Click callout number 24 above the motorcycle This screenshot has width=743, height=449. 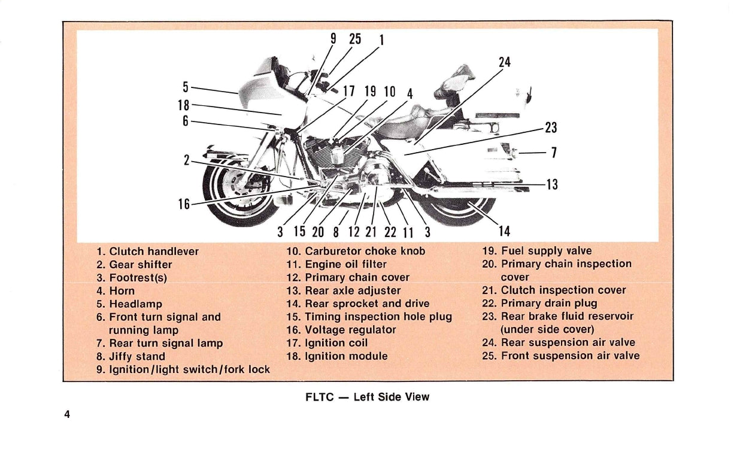point(505,62)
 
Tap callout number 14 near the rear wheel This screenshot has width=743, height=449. point(505,230)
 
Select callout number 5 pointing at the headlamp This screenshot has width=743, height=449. point(186,86)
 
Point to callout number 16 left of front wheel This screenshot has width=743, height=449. point(184,204)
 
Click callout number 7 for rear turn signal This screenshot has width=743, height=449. point(554,153)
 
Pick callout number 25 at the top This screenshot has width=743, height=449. point(355,39)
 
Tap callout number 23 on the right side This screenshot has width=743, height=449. point(551,127)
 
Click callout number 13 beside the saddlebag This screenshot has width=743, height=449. point(551,184)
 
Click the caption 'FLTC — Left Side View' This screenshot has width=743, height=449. point(368,397)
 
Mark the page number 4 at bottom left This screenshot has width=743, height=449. point(68,414)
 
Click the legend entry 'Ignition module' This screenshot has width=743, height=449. point(337,356)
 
